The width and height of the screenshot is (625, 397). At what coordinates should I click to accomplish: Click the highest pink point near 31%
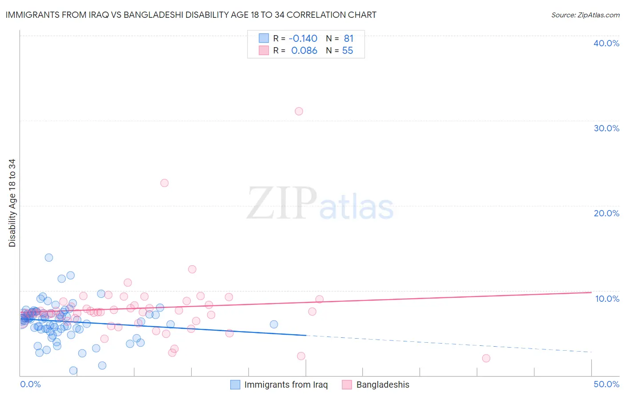pos(299,111)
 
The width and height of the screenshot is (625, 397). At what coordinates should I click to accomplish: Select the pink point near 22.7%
pos(164,183)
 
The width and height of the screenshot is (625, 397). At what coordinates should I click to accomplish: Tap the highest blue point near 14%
pos(49,258)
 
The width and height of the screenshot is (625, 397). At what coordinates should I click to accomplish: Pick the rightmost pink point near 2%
pos(486,358)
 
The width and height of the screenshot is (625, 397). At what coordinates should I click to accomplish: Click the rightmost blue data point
pos(274,324)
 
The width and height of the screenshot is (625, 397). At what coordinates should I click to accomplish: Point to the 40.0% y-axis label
pos(606,43)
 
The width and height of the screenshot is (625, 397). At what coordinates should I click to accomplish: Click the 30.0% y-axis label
pos(606,128)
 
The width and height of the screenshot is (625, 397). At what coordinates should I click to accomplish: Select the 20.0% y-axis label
pos(606,213)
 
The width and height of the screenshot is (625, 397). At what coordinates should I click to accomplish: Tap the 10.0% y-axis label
pos(607,299)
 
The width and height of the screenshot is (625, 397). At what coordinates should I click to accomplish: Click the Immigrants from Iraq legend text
pos(286,385)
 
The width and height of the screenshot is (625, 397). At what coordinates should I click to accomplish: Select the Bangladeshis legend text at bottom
pos(383,385)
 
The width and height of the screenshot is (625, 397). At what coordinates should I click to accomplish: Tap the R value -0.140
pos(303,39)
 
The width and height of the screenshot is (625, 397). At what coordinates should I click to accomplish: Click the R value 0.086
pos(304,51)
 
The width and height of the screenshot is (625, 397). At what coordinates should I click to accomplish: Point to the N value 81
pos(349,39)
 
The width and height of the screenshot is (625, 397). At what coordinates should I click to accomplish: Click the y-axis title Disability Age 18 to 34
pos(12,203)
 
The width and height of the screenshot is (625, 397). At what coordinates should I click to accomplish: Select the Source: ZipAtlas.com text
pos(585,15)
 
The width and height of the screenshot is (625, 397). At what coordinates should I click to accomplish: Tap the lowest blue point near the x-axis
pos(73,371)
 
